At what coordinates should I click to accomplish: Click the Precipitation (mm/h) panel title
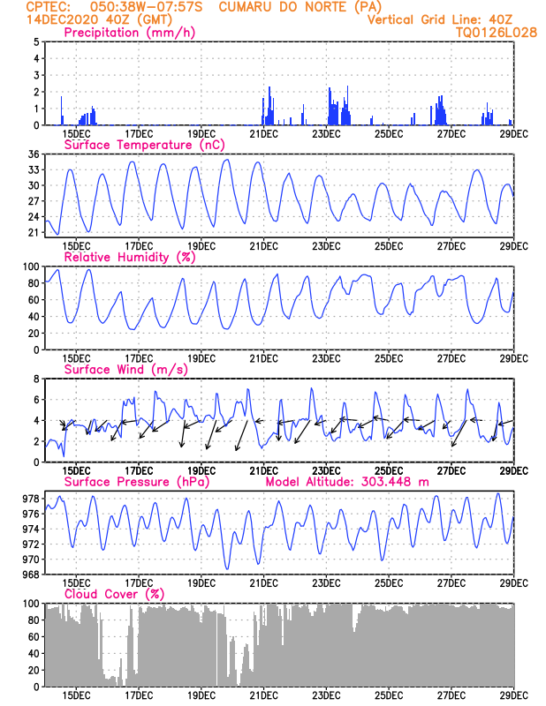tap(130, 33)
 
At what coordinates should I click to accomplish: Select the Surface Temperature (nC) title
tap(140, 145)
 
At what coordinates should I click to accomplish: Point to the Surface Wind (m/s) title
tap(120, 369)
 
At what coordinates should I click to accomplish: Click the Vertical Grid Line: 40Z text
tap(440, 19)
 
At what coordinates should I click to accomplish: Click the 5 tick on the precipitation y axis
tap(35, 42)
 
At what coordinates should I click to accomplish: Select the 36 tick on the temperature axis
tap(33, 154)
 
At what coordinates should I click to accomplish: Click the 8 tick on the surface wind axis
tap(35, 379)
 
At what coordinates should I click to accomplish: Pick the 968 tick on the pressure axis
tap(29, 575)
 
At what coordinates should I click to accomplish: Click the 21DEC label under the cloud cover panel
tap(263, 695)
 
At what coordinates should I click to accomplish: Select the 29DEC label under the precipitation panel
tap(513, 134)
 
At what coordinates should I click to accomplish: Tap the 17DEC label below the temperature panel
tap(139, 246)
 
